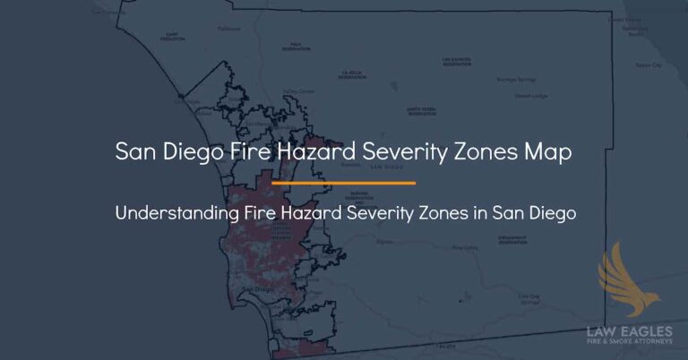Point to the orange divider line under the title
pos(343,183)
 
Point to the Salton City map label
pos(648,65)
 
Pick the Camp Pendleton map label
pos(173,38)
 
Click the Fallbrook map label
pos(228,29)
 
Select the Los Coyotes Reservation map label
pos(456,62)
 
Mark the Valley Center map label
pos(298,90)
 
